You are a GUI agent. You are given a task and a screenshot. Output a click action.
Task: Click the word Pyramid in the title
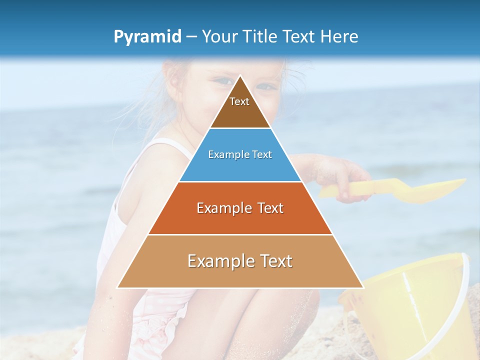[x=147, y=37]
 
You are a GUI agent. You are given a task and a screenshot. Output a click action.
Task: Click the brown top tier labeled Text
[x=239, y=107]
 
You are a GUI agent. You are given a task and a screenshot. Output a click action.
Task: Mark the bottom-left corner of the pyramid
[x=117, y=287]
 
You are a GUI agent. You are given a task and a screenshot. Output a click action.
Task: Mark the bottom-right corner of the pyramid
[x=363, y=287]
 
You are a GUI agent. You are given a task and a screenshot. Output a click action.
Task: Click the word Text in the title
[x=300, y=36]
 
